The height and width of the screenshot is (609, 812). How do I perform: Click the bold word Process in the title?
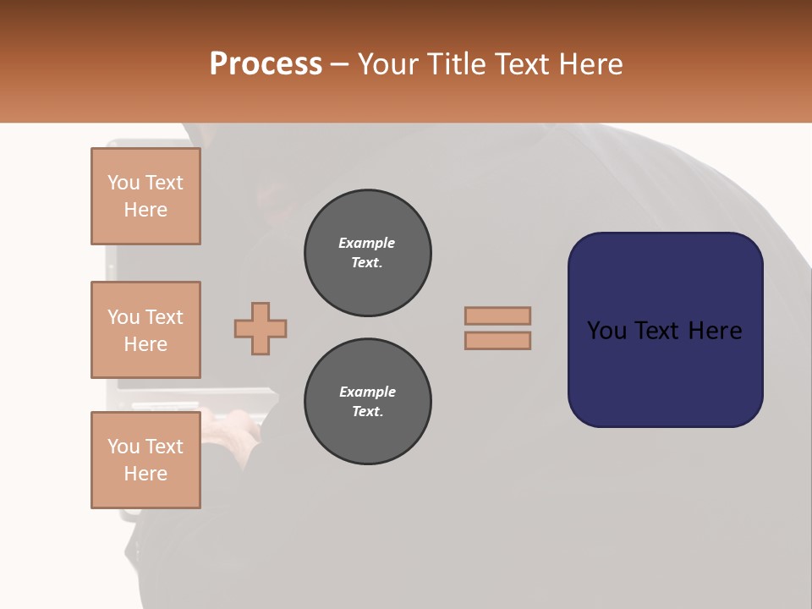tap(266, 64)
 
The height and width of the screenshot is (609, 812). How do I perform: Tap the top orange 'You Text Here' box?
tap(145, 196)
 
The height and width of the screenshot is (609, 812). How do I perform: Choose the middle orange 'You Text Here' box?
tap(145, 330)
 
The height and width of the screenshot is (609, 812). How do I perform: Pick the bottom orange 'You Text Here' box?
tap(145, 459)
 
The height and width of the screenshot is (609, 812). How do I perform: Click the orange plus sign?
tap(261, 328)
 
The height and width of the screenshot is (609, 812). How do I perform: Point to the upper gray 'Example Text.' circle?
tap(368, 253)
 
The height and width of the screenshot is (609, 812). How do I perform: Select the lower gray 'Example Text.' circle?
tap(368, 402)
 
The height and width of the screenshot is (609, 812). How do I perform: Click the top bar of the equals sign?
tap(497, 315)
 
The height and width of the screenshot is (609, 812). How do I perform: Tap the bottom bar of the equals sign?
tap(497, 340)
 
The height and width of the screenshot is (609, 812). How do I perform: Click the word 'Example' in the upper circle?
tap(367, 243)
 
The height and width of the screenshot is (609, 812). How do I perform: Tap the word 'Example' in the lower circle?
tap(367, 392)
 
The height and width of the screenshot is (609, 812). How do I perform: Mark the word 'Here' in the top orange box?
tap(145, 210)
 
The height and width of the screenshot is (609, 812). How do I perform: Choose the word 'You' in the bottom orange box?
tap(123, 447)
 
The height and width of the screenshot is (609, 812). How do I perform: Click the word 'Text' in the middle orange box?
tap(164, 317)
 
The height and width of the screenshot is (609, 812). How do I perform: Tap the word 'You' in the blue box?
tap(606, 331)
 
